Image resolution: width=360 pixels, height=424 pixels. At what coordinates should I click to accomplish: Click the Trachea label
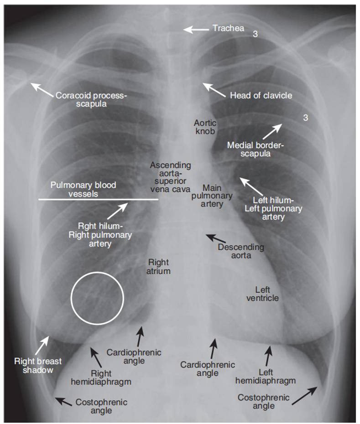(228, 28)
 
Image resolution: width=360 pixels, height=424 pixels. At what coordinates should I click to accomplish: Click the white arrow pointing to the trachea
(197, 29)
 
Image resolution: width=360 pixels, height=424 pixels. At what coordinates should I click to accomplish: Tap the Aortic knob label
(205, 127)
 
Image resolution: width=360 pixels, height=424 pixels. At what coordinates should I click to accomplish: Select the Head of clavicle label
(261, 95)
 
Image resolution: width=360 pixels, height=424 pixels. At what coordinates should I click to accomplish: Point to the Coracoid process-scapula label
(91, 99)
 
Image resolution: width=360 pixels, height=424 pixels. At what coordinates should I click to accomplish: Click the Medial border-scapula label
(255, 149)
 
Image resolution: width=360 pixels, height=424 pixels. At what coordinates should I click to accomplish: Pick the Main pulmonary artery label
(212, 196)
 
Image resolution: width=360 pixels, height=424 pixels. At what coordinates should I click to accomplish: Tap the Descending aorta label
(241, 251)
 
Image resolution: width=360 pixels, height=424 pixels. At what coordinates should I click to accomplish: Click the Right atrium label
(158, 267)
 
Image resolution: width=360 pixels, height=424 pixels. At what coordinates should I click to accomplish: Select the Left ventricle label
(262, 294)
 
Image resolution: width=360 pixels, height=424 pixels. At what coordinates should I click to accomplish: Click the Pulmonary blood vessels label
(83, 189)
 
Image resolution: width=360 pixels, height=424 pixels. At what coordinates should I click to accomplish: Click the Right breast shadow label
(38, 366)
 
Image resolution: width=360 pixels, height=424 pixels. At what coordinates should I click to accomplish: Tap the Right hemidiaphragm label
(101, 378)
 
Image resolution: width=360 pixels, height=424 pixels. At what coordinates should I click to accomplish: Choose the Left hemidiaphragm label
(266, 377)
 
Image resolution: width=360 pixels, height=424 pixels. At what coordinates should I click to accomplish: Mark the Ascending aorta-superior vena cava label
(170, 177)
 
